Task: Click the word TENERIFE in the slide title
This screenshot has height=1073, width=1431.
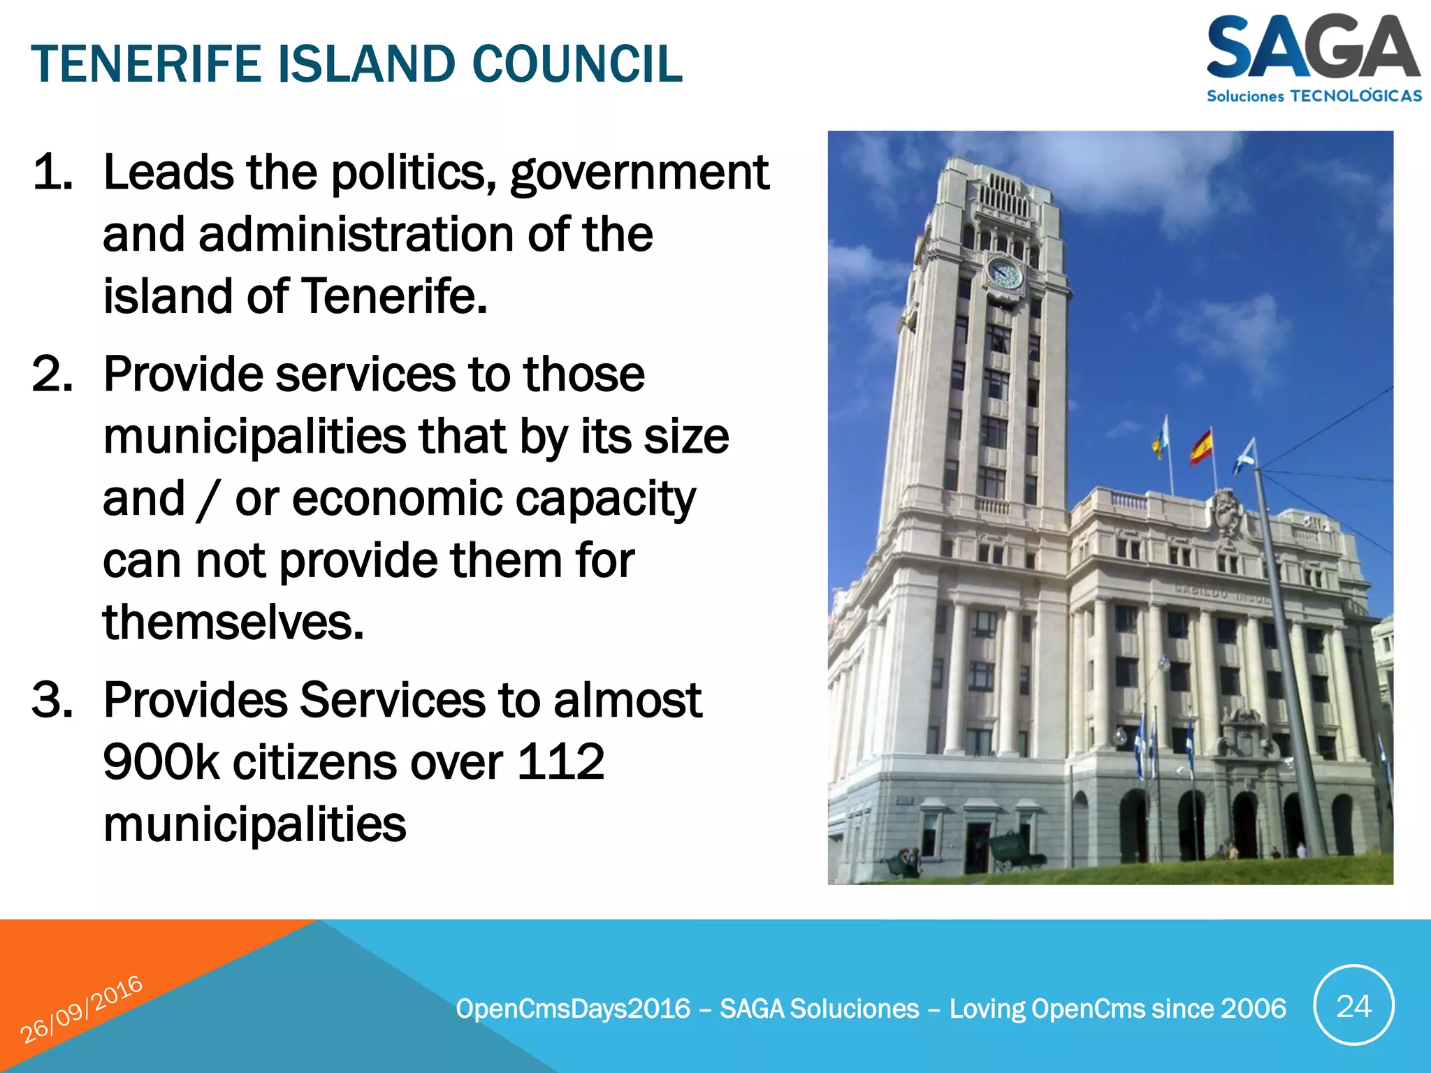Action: point(146,64)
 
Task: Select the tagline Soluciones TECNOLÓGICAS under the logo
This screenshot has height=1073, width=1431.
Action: point(1314,96)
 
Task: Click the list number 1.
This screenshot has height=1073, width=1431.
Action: point(52,173)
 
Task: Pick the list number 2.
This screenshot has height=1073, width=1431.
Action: point(52,374)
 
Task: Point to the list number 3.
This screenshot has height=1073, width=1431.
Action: point(52,700)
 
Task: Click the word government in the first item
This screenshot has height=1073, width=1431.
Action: point(639,173)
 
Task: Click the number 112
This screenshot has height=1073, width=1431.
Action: point(560,761)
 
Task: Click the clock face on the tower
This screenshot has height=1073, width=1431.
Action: point(1005,273)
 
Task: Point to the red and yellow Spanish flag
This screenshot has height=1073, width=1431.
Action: point(1201,447)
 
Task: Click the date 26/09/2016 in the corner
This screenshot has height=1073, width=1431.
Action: point(81,1009)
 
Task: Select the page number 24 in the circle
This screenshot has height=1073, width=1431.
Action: point(1353,1006)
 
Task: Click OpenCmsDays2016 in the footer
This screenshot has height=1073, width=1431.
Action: point(573,1009)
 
